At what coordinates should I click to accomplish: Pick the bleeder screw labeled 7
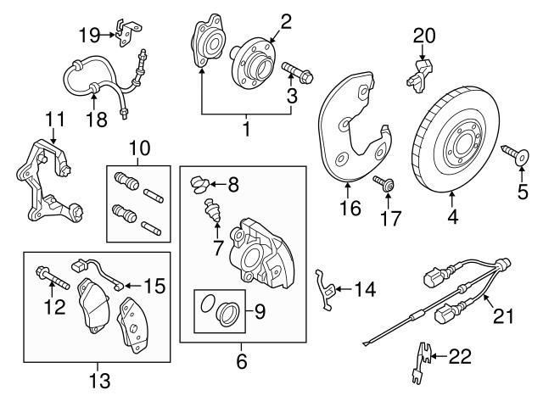click(x=214, y=211)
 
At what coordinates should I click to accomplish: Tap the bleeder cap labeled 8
click(x=200, y=181)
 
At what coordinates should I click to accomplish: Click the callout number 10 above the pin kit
click(x=138, y=149)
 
